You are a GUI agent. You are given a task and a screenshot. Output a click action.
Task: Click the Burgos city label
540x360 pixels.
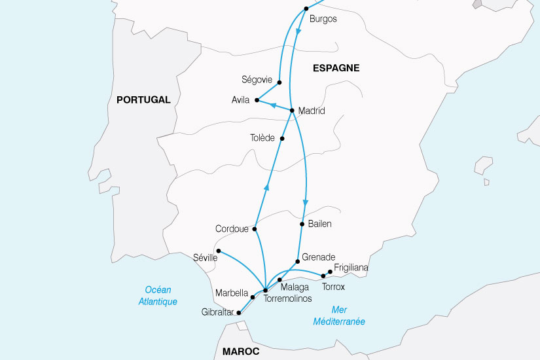(x=323, y=19)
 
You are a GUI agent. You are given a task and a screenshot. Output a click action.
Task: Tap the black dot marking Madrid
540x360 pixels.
(x=292, y=110)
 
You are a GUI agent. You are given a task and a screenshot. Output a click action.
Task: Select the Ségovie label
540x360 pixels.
(x=257, y=80)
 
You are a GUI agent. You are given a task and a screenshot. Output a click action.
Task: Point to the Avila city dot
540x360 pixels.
(x=257, y=101)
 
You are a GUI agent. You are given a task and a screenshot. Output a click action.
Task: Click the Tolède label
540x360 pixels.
(x=262, y=138)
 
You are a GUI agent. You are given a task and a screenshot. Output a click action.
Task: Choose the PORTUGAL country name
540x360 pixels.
(x=143, y=100)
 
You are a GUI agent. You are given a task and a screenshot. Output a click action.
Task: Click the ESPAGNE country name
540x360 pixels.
(x=336, y=68)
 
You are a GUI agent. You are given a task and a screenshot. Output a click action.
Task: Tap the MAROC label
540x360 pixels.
(x=241, y=351)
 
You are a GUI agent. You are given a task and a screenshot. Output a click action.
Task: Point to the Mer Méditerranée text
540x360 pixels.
(x=339, y=315)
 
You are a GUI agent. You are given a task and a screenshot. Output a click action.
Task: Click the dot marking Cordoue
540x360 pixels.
(x=255, y=229)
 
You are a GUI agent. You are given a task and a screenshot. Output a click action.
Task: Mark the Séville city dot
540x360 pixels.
(x=218, y=251)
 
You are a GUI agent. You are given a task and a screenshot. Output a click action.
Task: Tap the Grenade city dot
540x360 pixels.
(x=298, y=261)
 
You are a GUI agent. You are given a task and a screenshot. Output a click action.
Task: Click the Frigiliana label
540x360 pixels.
(x=351, y=268)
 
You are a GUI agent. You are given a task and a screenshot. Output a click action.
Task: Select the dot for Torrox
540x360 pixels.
(x=323, y=276)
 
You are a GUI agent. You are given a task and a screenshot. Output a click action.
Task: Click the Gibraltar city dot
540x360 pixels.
(x=239, y=313)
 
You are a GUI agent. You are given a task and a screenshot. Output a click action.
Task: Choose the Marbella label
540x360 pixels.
(x=231, y=293)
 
